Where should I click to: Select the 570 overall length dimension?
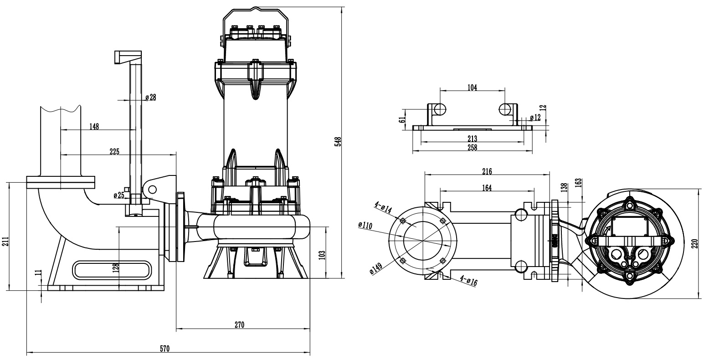click(165, 349)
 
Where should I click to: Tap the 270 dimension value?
click(240, 325)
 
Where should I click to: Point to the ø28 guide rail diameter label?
click(150, 97)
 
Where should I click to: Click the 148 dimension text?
click(94, 126)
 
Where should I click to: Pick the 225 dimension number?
click(114, 152)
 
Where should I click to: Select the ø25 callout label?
click(118, 195)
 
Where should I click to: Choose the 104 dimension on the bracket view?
click(472, 87)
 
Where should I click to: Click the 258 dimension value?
click(472, 147)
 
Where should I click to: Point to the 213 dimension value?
click(472, 139)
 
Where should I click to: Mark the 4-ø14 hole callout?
click(383, 208)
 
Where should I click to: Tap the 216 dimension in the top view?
click(487, 172)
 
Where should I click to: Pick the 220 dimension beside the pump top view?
click(694, 244)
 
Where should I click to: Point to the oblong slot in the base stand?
click(112, 269)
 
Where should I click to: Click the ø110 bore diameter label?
click(366, 225)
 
